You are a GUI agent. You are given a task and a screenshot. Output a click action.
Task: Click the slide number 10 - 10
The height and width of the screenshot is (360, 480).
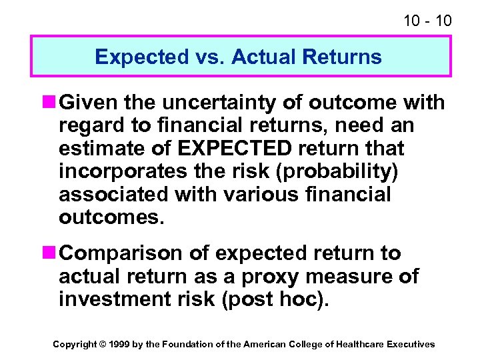[x=427, y=21]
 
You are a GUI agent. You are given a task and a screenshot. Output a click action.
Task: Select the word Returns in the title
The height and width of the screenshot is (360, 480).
[x=342, y=57]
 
